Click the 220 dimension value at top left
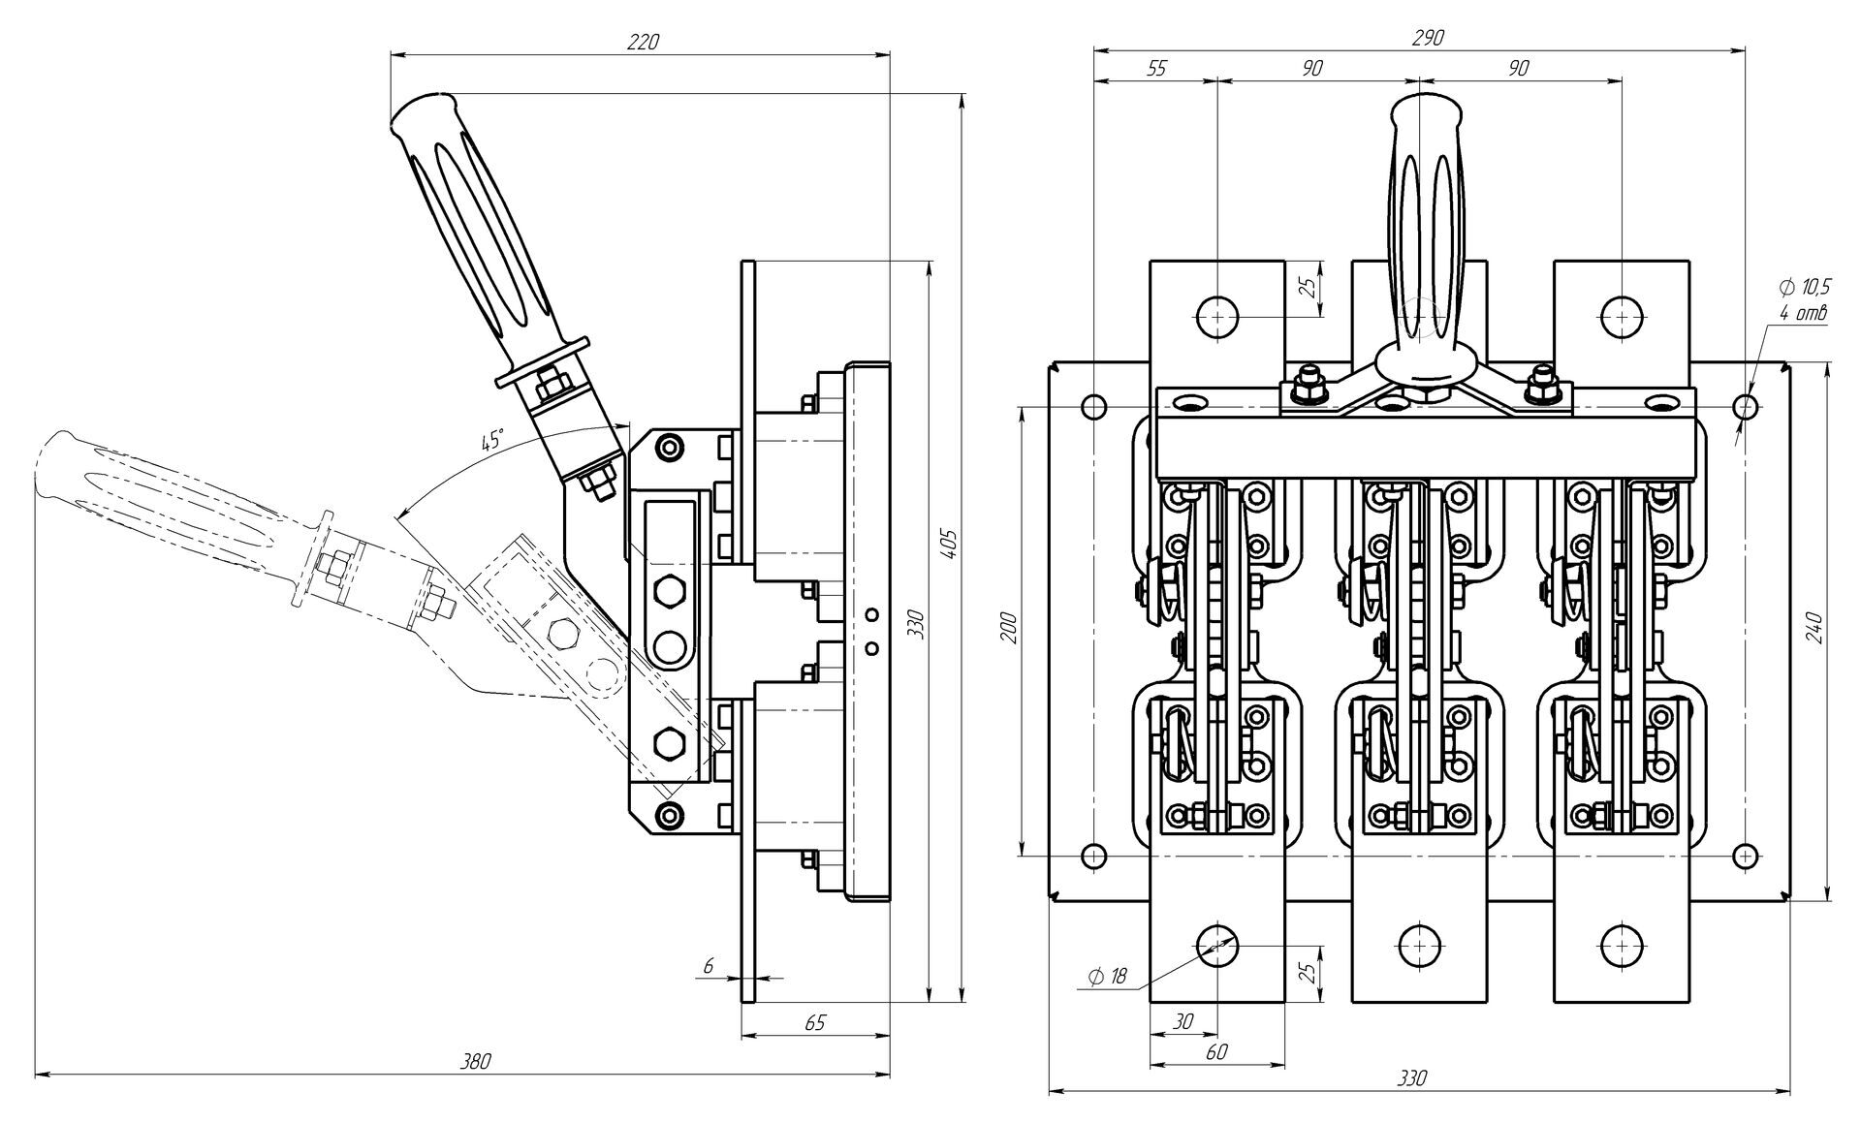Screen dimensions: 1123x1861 pos(643,42)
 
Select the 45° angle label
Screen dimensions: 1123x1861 pos(493,440)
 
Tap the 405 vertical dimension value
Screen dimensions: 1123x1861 pos(950,546)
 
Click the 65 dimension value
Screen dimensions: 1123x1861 pos(815,1022)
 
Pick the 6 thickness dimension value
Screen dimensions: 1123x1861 pos(709,965)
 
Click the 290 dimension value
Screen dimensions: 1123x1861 pos(1427,37)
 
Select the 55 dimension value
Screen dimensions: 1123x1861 pos(1156,68)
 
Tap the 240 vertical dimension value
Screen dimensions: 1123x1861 pos(1815,628)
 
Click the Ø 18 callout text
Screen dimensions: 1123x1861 pos(1107,977)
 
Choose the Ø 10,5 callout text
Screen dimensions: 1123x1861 pos(1804,287)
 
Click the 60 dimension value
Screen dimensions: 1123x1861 pos(1216,1051)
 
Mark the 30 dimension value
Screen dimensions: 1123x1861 pos(1183,1021)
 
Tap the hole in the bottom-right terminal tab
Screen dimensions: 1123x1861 pos(1622,945)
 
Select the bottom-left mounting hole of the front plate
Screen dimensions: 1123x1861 pos(1093,856)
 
